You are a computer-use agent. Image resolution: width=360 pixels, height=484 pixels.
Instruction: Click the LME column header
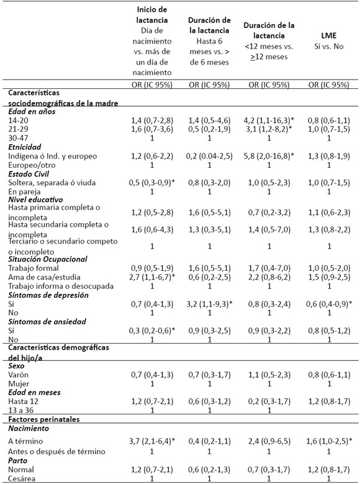[x=328, y=36]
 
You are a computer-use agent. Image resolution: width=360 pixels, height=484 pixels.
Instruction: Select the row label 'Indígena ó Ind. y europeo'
[x=52, y=156]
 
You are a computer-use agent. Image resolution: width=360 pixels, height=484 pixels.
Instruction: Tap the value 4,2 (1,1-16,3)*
[x=269, y=120]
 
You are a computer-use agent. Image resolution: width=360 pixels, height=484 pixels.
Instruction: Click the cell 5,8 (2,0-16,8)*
[x=269, y=156]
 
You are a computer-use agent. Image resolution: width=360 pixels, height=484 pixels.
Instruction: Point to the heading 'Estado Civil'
[x=29, y=174]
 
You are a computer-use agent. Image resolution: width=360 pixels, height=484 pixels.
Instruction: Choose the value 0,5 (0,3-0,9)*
[x=152, y=183]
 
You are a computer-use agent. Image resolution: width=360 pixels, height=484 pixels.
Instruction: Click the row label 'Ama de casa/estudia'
[x=44, y=277]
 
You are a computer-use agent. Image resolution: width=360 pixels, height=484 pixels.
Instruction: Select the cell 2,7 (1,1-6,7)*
[x=152, y=277]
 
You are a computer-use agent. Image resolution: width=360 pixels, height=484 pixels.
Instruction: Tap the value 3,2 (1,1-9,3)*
[x=210, y=304]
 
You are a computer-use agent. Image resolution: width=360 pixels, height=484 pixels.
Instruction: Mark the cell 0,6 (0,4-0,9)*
[x=329, y=304]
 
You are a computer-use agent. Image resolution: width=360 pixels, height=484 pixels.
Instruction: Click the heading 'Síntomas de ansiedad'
[x=47, y=322]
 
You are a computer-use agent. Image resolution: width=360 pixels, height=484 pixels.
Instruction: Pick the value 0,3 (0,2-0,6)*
[x=152, y=331]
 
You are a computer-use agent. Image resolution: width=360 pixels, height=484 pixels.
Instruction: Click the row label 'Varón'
[x=18, y=375]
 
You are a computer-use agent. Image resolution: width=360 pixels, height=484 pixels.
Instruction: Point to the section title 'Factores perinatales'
[x=44, y=419]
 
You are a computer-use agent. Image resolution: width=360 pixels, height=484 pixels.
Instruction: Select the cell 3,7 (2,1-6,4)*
[x=152, y=441]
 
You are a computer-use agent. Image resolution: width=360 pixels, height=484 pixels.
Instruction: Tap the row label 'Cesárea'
[x=22, y=479]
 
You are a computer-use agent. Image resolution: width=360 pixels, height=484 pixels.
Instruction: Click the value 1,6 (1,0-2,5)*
[x=329, y=441]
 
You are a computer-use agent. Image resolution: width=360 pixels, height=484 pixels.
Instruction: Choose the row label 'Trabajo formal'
[x=34, y=268]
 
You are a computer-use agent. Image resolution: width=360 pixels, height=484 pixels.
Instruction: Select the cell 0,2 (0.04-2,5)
[x=209, y=156]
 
